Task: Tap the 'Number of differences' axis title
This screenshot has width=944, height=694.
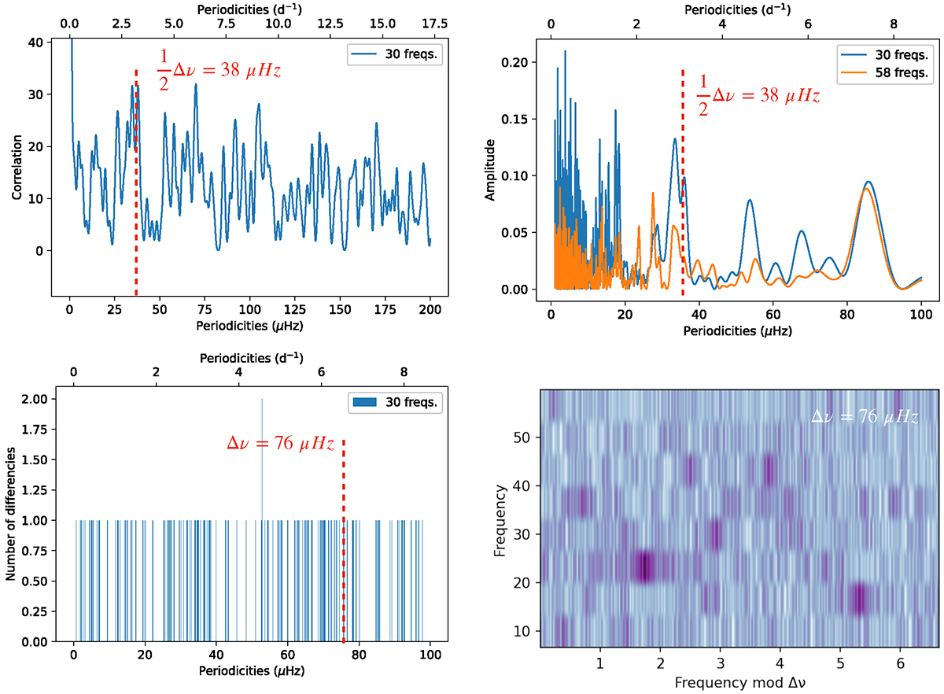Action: pos(10,515)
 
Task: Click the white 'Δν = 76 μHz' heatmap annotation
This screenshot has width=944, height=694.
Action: pos(865,417)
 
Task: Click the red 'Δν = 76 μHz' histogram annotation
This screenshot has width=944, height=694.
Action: pos(281,445)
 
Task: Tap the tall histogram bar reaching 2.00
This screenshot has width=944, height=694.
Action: pos(262,472)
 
